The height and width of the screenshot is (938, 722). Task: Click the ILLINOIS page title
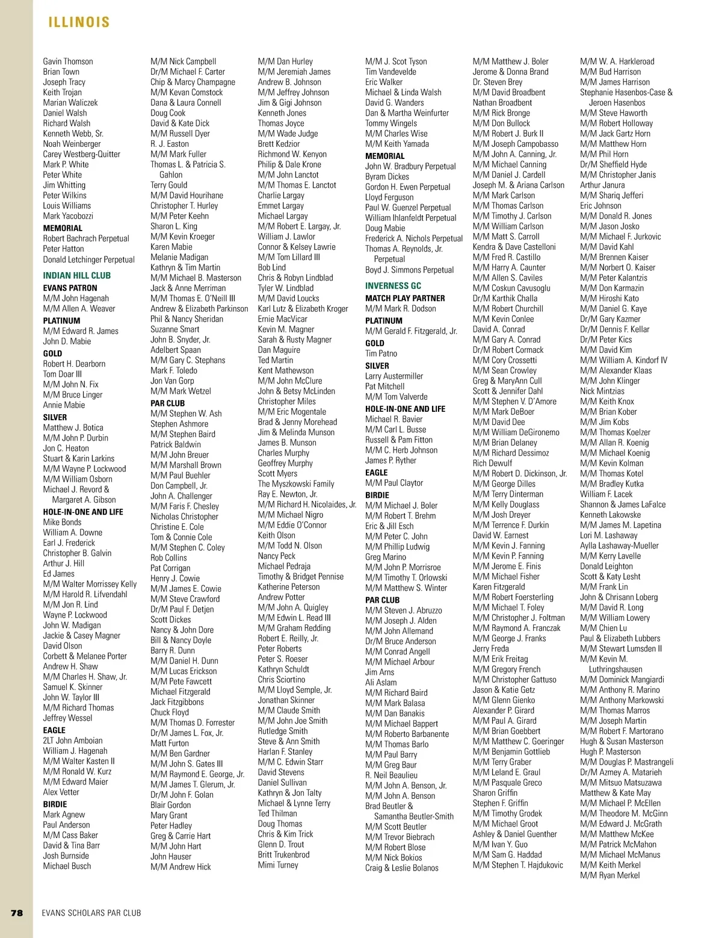(x=79, y=23)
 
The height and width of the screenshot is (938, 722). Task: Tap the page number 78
(x=17, y=913)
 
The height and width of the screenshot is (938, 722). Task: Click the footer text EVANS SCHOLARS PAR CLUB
(x=91, y=913)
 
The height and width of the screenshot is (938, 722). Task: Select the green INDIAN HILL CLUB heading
(x=76, y=276)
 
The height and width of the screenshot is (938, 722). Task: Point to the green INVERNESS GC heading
(x=393, y=286)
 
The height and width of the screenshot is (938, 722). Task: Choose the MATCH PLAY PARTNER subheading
(x=405, y=298)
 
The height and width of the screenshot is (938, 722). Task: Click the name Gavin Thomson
(x=68, y=61)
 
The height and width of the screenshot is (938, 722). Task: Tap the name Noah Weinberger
(x=72, y=144)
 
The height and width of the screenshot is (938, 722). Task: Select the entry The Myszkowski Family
(x=296, y=484)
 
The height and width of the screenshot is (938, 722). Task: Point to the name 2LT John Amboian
(x=72, y=741)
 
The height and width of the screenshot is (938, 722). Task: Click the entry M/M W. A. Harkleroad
(x=617, y=61)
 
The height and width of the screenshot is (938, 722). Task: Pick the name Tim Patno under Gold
(x=381, y=353)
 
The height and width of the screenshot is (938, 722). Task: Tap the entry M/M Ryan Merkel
(x=609, y=875)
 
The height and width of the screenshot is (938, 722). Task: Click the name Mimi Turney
(x=278, y=865)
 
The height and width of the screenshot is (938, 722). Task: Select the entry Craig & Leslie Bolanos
(x=401, y=868)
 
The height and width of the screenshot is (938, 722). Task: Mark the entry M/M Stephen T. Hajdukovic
(x=517, y=865)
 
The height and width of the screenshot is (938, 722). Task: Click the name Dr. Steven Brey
(x=497, y=82)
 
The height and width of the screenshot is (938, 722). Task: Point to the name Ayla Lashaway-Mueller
(x=619, y=545)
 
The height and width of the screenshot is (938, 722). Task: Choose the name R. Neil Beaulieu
(x=391, y=775)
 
